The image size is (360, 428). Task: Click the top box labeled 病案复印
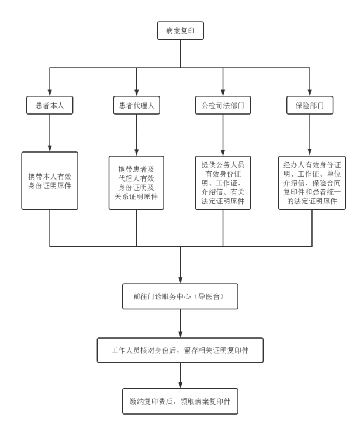click(x=180, y=32)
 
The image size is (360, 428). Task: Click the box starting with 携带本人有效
click(x=50, y=180)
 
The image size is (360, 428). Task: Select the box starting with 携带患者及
click(x=136, y=182)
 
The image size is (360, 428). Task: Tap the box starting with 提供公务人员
click(x=223, y=182)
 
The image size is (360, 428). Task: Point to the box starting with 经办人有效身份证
click(x=309, y=182)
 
